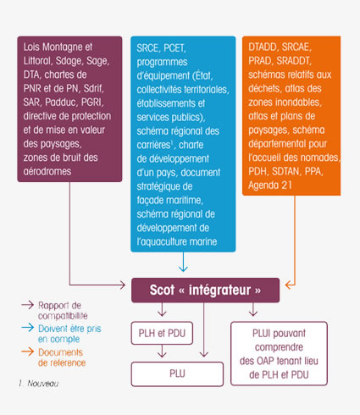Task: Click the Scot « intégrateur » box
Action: [x=205, y=290]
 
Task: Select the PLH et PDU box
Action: [x=162, y=333]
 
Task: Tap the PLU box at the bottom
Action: [x=177, y=373]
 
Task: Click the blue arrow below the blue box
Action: [x=183, y=262]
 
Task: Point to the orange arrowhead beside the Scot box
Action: [x=290, y=285]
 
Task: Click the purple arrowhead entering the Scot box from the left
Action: [x=122, y=285]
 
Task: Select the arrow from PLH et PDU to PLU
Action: [x=162, y=351]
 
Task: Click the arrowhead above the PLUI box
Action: [x=253, y=313]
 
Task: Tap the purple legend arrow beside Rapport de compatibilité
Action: [x=28, y=305]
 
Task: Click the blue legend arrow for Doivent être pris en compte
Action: [x=28, y=328]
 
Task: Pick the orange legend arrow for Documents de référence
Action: [x=28, y=351]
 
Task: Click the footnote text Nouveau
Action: [x=43, y=384]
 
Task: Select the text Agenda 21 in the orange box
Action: [x=270, y=185]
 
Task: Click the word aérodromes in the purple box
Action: [x=47, y=171]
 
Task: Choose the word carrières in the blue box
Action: [x=153, y=145]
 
